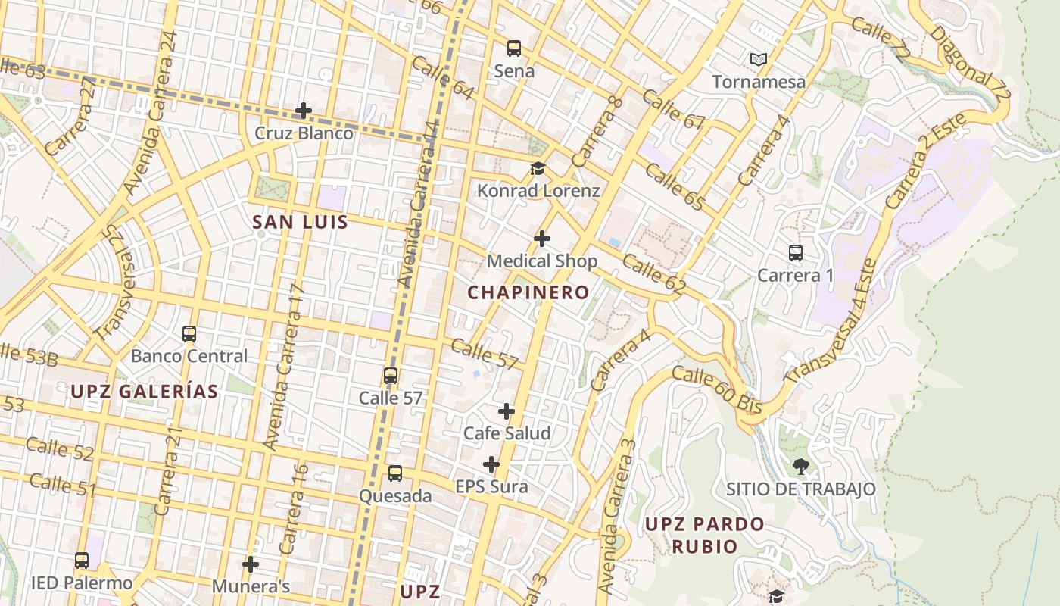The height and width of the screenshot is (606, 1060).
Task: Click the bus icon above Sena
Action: tap(514, 48)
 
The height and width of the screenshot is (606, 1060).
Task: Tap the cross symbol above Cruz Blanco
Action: tap(304, 111)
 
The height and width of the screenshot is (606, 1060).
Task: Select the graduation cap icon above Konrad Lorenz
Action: tap(538, 168)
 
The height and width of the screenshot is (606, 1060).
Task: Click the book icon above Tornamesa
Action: tap(758, 59)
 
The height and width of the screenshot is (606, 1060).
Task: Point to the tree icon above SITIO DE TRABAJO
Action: tap(800, 466)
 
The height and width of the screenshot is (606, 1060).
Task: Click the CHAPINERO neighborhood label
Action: tap(528, 292)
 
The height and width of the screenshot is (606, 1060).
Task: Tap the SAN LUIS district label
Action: tap(300, 222)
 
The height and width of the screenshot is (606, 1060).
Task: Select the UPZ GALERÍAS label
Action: tap(145, 392)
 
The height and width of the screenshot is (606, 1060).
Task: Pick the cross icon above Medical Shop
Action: tap(542, 239)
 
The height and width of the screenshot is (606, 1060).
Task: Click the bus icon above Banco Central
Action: tap(189, 333)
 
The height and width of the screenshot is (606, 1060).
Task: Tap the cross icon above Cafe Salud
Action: tap(507, 411)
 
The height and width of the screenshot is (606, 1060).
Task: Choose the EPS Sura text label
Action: tap(491, 486)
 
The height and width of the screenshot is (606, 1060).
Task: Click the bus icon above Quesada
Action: tap(395, 473)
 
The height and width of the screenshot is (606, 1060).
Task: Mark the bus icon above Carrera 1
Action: tap(795, 253)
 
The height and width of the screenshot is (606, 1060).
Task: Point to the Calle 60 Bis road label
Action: tap(716, 389)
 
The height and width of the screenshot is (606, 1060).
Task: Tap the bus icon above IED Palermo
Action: tap(82, 561)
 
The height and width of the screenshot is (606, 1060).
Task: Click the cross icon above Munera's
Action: tap(251, 564)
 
